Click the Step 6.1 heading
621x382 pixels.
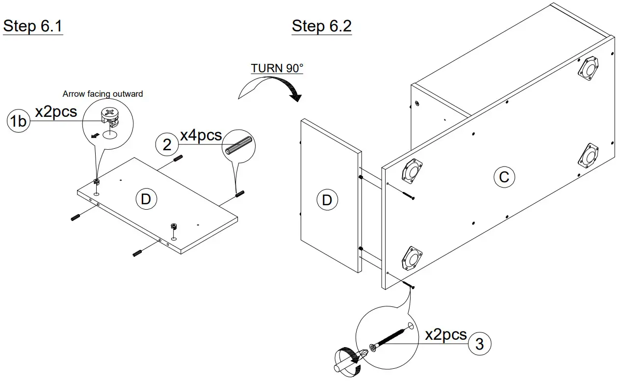tap(33, 26)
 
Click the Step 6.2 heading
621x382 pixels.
tap(321, 26)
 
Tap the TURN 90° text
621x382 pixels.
tap(277, 68)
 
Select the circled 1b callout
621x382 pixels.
tap(19, 121)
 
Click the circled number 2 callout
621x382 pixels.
tap(167, 144)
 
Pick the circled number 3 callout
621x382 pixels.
tap(479, 344)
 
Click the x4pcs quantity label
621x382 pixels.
tap(201, 135)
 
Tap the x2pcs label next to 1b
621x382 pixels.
tap(56, 112)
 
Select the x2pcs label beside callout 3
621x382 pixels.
tap(445, 335)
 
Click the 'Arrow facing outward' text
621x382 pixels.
tap(103, 94)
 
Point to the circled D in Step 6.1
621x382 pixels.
tap(146, 199)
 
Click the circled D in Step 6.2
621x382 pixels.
tap(327, 200)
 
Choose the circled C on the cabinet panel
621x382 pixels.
tap(504, 177)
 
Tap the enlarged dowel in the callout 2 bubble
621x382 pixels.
tap(239, 147)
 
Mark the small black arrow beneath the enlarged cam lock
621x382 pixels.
tap(97, 135)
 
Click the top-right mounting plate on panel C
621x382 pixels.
tap(588, 68)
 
